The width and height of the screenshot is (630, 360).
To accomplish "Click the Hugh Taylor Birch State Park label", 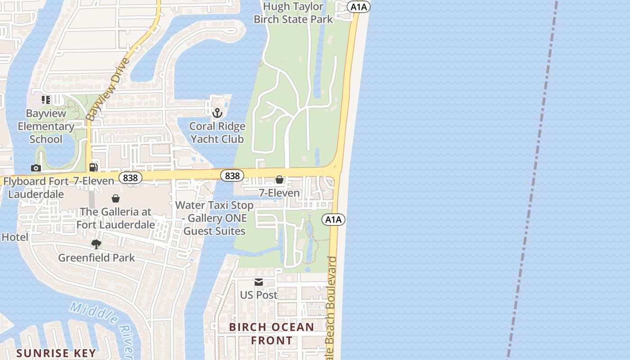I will click(293, 13).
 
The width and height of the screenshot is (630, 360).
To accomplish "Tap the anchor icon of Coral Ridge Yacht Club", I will click(217, 112).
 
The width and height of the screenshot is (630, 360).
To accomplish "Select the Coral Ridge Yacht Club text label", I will click(217, 133).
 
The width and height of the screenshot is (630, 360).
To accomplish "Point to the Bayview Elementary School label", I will click(46, 126).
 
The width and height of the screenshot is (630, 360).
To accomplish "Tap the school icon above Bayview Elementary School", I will click(46, 99).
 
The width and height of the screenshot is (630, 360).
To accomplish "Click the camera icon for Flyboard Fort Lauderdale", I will click(36, 168).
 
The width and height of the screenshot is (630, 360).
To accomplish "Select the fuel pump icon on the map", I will click(94, 167).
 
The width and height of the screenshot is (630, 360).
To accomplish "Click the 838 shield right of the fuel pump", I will click(130, 178).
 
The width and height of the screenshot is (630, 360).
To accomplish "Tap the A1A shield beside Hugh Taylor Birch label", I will click(359, 6).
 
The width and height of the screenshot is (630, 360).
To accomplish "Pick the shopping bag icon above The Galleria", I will click(116, 198).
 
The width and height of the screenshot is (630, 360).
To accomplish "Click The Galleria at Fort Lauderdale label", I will click(116, 218).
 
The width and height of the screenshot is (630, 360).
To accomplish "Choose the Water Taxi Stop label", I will click(215, 218).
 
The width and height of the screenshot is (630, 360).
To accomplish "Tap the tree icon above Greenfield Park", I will click(96, 244).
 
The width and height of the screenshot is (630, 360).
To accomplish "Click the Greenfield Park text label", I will click(96, 258).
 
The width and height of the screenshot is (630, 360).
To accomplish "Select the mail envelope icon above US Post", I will click(259, 282).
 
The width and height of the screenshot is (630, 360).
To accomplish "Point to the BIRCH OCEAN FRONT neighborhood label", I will click(272, 333).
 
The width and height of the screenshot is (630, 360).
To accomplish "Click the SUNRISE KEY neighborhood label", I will click(56, 353).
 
